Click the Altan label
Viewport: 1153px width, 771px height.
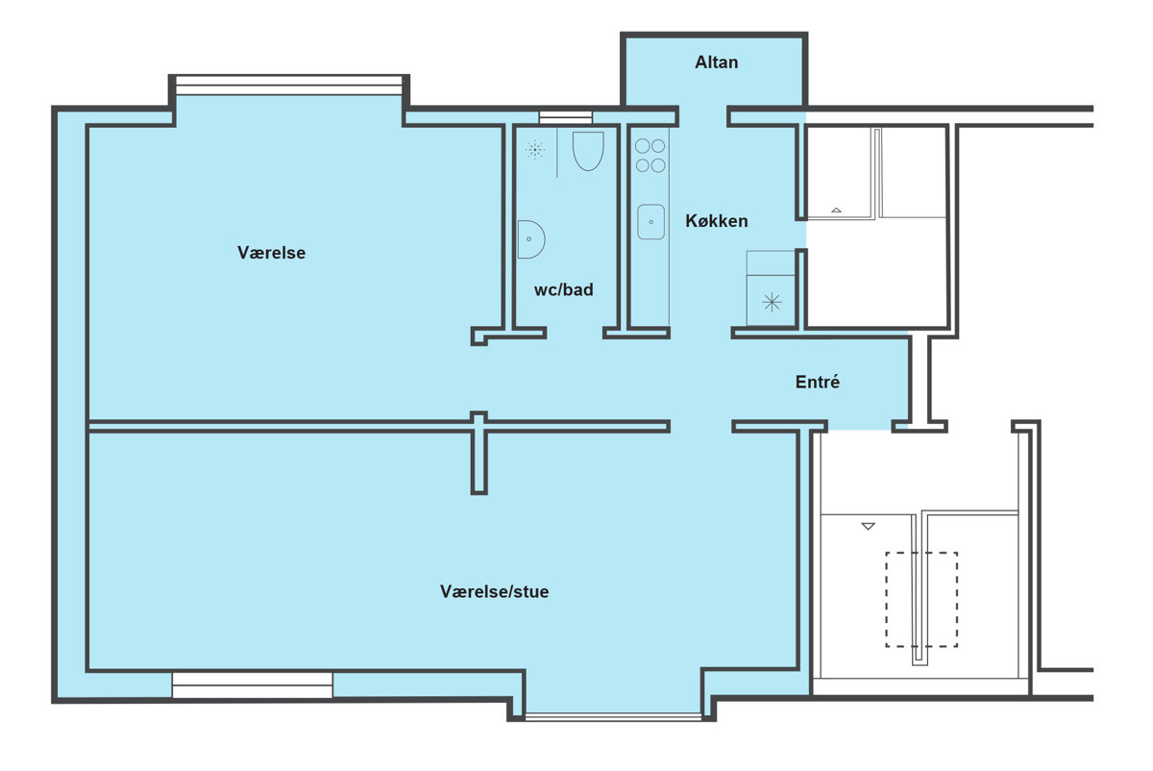point(717,62)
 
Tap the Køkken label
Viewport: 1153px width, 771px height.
point(717,221)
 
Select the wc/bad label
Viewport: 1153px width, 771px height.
point(564,290)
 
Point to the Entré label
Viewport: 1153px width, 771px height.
point(818,382)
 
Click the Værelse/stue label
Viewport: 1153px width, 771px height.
point(494,591)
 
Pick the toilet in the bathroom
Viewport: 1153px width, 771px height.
point(588,151)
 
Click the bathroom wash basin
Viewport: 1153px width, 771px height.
point(530,239)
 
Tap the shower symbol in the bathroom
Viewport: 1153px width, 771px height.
point(534,150)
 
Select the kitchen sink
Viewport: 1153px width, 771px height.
point(650,222)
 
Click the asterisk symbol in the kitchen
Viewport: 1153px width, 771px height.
point(772,302)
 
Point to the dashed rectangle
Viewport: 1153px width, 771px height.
point(921,600)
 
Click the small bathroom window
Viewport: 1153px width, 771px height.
point(566,117)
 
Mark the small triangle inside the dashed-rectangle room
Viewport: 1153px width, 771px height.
point(869,527)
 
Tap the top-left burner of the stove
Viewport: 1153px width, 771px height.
point(643,146)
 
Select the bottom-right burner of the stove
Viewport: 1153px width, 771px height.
point(658,165)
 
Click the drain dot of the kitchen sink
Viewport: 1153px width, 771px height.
point(651,222)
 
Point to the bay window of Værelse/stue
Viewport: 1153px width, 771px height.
point(613,716)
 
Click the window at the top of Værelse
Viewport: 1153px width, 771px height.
point(289,86)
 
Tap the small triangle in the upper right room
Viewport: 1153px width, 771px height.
point(837,211)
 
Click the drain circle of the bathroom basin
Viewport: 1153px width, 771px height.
point(528,239)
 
